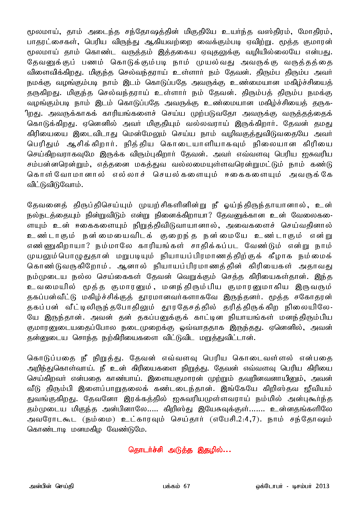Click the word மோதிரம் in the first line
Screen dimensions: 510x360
point(315,32)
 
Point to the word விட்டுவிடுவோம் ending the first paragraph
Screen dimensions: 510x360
point(55,185)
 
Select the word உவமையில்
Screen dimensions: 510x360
point(51,287)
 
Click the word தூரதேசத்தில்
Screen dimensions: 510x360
point(189,307)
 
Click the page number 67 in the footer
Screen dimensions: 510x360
point(187,486)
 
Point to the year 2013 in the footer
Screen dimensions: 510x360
point(322,486)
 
